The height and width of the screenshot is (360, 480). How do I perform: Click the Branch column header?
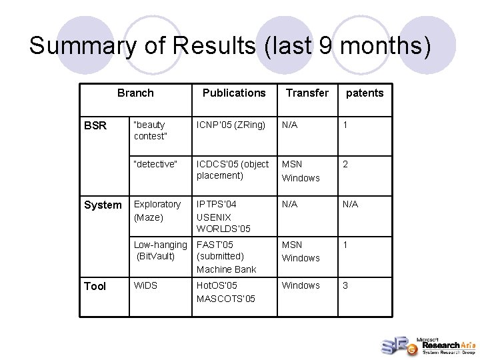(x=135, y=93)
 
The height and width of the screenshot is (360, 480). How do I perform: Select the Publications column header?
(x=234, y=93)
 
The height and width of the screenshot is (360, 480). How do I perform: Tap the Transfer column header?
(x=307, y=93)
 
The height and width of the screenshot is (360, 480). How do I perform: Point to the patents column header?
(x=365, y=93)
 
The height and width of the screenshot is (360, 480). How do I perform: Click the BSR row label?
(x=95, y=125)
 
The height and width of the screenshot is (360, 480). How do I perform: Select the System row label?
(x=103, y=205)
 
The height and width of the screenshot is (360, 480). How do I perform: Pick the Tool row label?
(x=95, y=286)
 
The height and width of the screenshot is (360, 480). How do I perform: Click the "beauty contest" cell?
(x=150, y=130)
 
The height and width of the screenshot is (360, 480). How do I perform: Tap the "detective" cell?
(x=155, y=164)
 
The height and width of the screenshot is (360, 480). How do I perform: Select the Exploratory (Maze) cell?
(x=157, y=211)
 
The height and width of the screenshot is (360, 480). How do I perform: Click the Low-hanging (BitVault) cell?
(x=160, y=250)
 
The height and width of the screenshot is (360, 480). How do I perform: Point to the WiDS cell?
(x=146, y=285)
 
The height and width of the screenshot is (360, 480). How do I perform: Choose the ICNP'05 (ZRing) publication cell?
(x=231, y=125)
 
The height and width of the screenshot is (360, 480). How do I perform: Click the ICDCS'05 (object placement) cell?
(x=233, y=169)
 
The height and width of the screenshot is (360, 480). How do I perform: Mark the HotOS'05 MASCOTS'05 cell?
(x=226, y=292)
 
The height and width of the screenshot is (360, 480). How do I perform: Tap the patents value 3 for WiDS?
(x=345, y=285)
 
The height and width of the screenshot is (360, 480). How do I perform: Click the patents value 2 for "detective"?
(x=345, y=164)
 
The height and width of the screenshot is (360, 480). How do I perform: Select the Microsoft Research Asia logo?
(x=427, y=344)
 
